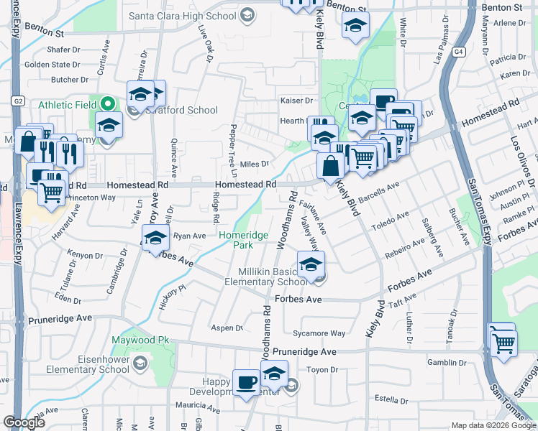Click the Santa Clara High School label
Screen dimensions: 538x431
point(183,15)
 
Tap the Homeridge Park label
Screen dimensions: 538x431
point(243,240)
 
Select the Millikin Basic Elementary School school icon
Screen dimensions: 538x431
point(311,266)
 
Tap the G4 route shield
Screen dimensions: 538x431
point(458,52)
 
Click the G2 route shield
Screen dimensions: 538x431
point(18,101)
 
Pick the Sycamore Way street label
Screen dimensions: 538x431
point(319,333)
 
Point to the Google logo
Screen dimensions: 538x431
point(24,422)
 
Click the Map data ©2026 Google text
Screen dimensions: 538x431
point(493,425)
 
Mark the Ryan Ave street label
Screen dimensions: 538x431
point(190,235)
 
